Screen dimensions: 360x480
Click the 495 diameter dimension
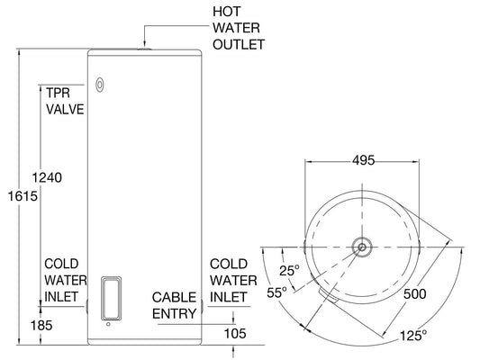[363, 162]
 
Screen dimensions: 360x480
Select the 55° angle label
[276, 292]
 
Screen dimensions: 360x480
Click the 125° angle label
[412, 336]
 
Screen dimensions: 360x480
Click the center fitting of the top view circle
[361, 246]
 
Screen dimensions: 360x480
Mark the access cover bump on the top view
[328, 295]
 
